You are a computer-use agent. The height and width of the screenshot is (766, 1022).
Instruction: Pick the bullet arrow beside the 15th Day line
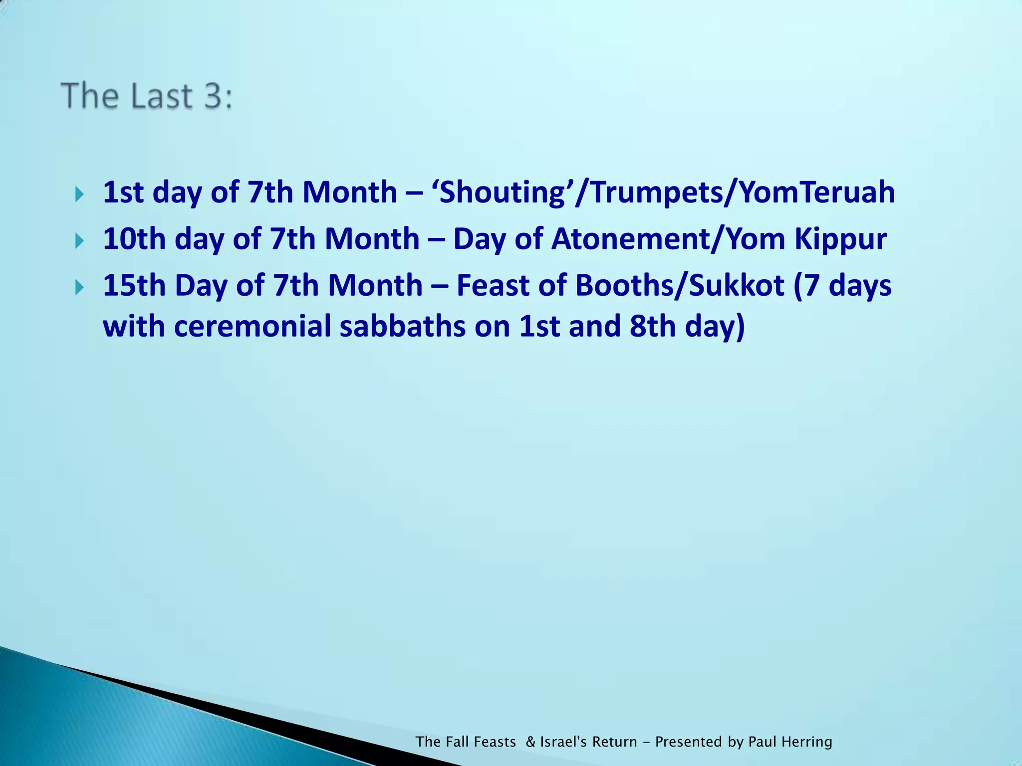coord(79,288)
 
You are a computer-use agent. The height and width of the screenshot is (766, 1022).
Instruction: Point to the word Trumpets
coord(657,192)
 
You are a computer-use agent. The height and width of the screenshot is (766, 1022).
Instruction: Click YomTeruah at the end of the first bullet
coord(817,192)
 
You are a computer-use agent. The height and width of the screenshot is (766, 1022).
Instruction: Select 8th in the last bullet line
coord(652,327)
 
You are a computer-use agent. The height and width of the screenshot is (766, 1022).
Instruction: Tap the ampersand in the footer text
coord(530,742)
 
